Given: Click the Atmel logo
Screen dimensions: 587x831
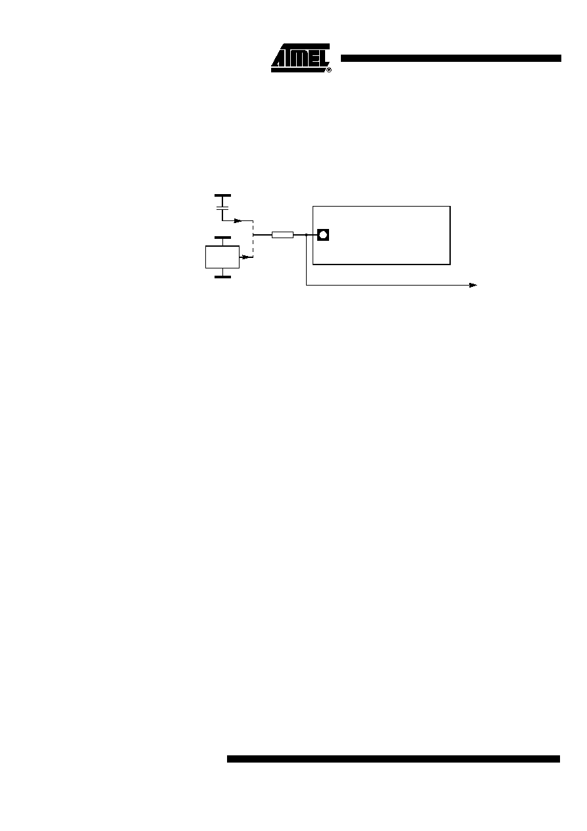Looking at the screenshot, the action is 301,58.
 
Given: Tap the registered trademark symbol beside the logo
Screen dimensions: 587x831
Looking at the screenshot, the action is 329,70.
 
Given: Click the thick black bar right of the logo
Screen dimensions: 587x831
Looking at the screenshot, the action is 451,59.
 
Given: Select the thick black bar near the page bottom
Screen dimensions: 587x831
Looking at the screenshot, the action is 394,759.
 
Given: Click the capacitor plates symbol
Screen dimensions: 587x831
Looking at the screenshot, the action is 222,209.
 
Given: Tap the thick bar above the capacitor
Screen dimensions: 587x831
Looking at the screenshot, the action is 222,195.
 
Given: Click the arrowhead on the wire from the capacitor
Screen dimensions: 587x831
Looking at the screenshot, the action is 238,220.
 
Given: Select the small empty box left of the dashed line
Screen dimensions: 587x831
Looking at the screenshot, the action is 222,257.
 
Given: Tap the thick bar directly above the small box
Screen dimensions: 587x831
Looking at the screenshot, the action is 222,238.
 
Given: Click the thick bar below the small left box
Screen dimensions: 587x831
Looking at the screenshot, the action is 222,277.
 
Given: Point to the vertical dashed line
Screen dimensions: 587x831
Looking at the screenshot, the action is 253,239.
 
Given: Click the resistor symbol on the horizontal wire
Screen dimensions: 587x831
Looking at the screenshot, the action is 283,235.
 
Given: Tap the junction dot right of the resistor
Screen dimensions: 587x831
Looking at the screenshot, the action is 306,235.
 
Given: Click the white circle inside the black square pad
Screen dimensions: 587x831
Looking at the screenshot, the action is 323,235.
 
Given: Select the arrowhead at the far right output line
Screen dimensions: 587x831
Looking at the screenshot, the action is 472,286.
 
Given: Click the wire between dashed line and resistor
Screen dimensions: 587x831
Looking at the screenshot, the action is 263,235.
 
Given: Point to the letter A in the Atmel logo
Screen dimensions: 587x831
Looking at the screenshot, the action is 278,59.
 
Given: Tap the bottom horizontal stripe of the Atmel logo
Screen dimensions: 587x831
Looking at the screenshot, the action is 298,70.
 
